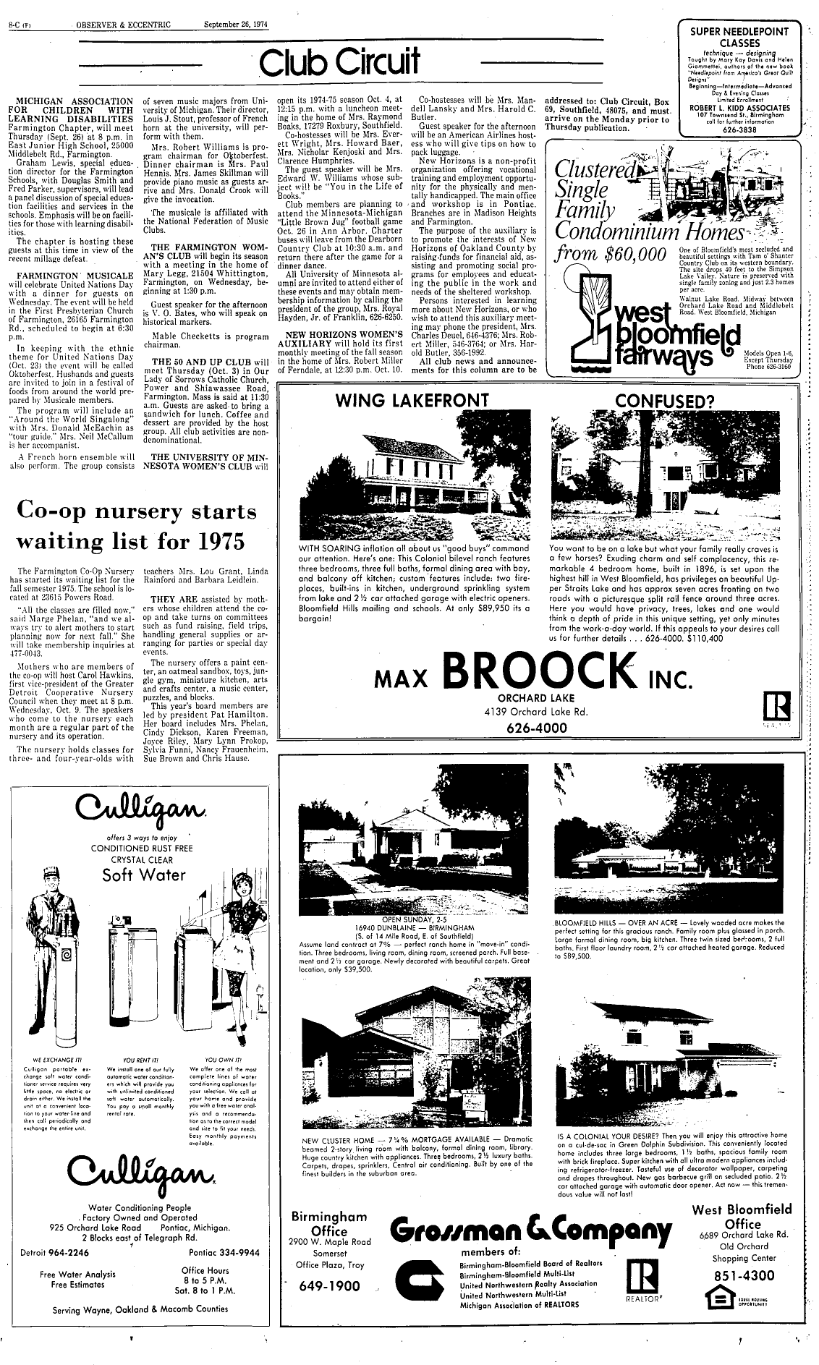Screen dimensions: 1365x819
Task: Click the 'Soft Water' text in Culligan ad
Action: tap(144, 875)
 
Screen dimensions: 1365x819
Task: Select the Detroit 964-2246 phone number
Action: tap(55, 1251)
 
